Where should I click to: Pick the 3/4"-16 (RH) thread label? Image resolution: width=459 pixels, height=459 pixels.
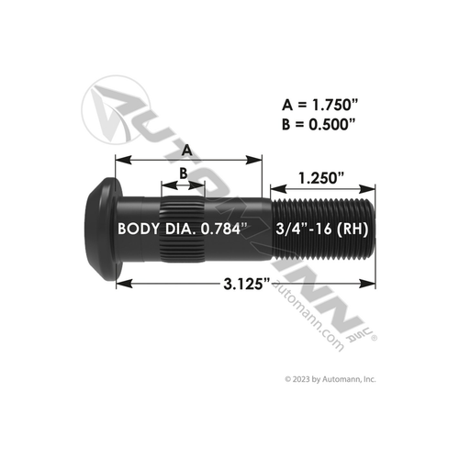[321, 229]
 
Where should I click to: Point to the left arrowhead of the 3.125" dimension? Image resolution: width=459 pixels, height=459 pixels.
[119, 284]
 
